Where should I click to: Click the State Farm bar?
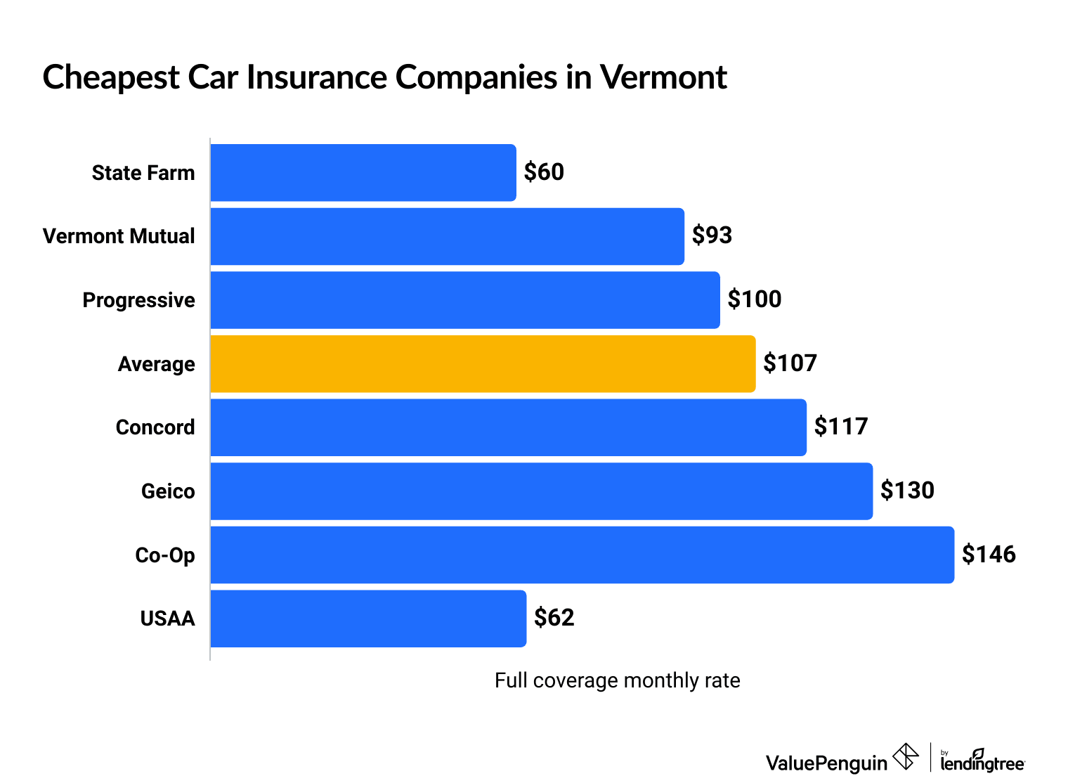coord(363,173)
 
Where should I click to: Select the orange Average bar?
coord(483,364)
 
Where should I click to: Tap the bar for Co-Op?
coord(582,555)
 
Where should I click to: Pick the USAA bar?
coord(368,619)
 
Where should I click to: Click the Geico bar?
coord(541,491)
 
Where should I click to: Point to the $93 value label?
coord(712,235)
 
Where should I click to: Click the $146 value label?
coord(989,555)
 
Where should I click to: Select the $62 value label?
coord(554,618)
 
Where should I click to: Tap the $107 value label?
coord(790,363)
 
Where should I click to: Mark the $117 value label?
coord(841,427)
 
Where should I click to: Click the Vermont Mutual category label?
coord(119,236)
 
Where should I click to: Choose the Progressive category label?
coord(138,300)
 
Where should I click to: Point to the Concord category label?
coord(155,427)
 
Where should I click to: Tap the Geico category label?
coord(168,491)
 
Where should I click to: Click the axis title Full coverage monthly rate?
coord(617,680)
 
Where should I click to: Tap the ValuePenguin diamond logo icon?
coord(906,757)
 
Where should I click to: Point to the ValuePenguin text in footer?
coord(826,763)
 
